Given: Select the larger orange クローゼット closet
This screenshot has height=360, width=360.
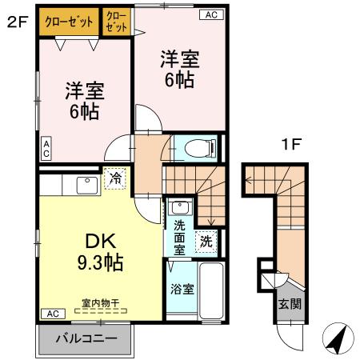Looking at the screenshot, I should (68, 22).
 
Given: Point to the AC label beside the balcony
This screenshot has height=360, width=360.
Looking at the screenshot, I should (52, 313).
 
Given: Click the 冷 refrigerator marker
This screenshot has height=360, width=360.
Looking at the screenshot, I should (116, 178).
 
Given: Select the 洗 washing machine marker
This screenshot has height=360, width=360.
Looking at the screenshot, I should (206, 240).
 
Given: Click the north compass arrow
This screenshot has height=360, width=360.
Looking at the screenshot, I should (339, 340).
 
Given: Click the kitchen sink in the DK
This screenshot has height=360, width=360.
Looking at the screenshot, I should (87, 185).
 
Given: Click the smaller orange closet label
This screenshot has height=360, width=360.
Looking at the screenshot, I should (116, 22).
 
